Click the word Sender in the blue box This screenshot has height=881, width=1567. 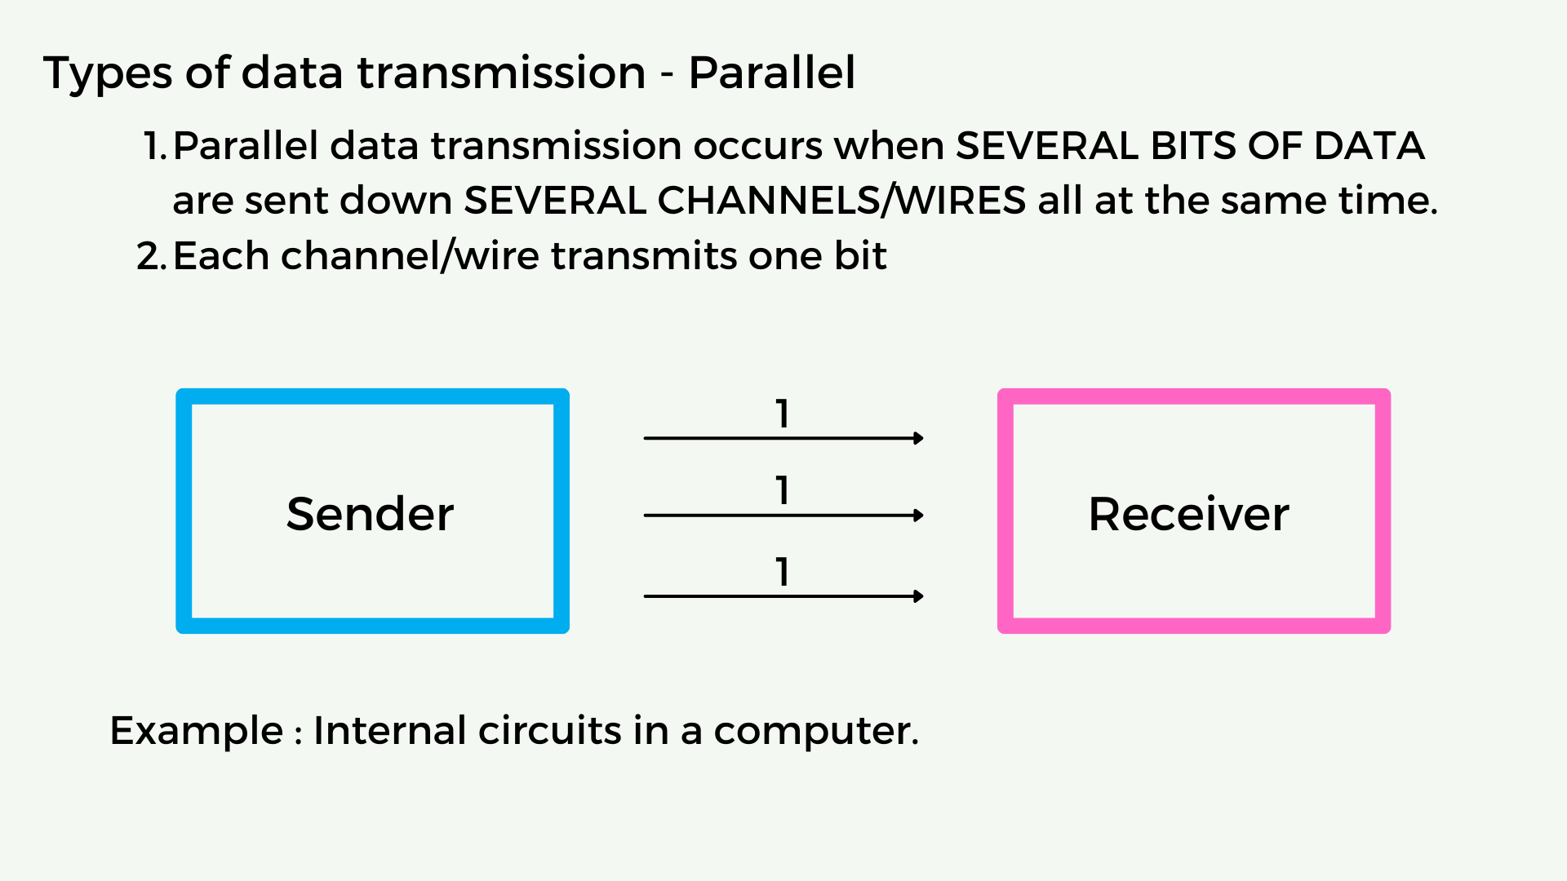[x=370, y=514]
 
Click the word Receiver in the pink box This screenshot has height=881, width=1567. [x=1188, y=514]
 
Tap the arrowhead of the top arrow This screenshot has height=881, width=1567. [x=919, y=438]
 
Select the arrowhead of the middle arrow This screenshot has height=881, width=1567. [x=919, y=516]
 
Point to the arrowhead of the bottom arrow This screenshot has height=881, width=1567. [x=919, y=596]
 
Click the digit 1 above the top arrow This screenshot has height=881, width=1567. [x=783, y=414]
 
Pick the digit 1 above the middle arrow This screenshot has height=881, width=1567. [x=783, y=490]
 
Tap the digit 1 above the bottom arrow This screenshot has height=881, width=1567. [x=783, y=572]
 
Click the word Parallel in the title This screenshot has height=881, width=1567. [x=772, y=73]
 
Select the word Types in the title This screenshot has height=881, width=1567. [x=108, y=74]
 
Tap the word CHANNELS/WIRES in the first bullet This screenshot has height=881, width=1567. [x=841, y=201]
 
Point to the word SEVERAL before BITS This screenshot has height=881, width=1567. [x=1046, y=146]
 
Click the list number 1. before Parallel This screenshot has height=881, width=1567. [x=155, y=146]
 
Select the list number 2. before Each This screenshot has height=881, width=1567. [x=152, y=256]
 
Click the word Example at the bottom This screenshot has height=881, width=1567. [x=197, y=731]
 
